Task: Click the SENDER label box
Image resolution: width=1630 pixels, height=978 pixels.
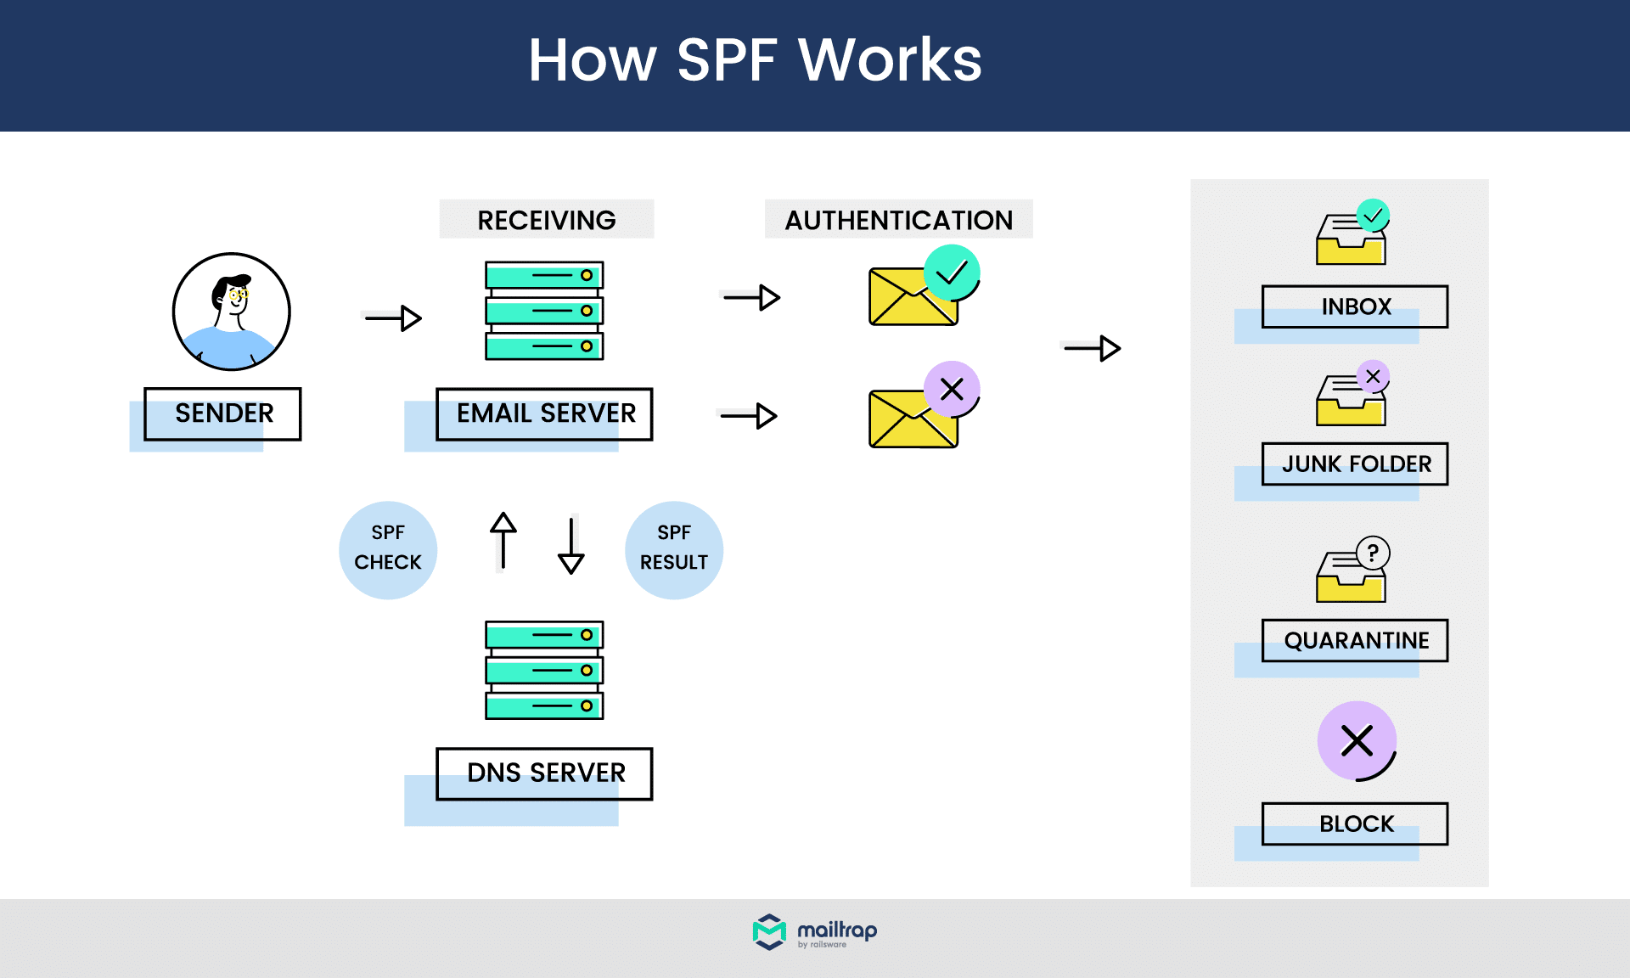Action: tap(222, 413)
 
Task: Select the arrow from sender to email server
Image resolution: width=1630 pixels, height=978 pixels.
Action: tap(393, 318)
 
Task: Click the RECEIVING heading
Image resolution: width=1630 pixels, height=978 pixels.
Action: tap(546, 220)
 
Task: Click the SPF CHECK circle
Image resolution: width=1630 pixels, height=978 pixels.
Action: tap(388, 549)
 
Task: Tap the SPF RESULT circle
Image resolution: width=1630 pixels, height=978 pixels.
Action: tap(673, 549)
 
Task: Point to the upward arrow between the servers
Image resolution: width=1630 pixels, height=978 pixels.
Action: tap(503, 540)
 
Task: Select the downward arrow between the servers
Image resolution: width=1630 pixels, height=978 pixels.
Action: tap(571, 545)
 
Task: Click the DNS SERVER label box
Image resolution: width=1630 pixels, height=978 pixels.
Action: tap(544, 773)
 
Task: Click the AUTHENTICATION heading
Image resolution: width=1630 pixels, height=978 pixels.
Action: tap(898, 220)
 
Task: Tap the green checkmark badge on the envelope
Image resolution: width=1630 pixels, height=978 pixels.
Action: tap(952, 273)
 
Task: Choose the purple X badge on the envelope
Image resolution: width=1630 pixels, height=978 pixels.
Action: tap(952, 389)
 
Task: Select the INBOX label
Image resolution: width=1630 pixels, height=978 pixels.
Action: tap(1355, 306)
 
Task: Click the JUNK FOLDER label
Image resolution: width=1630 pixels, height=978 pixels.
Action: tap(1355, 464)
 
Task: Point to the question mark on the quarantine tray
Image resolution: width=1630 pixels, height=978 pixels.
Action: tap(1373, 553)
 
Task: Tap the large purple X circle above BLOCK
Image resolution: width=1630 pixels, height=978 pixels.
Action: tap(1357, 740)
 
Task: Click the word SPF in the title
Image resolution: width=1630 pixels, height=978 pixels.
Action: tap(727, 60)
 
